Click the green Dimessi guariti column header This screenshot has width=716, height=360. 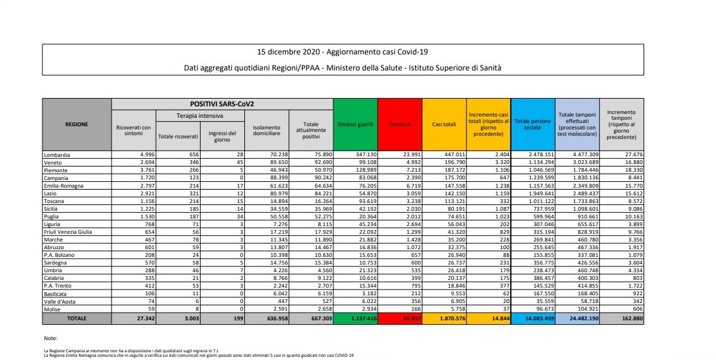pyautogui.click(x=355, y=124)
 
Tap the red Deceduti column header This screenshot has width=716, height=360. pyautogui.click(x=400, y=124)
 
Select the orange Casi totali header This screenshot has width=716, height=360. pyautogui.click(x=444, y=124)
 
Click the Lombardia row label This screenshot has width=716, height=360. pyautogui.click(x=57, y=155)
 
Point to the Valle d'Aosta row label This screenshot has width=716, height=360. pyautogui.click(x=62, y=300)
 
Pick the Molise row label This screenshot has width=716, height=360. pyautogui.click(x=53, y=308)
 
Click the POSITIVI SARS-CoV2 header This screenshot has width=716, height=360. pyautogui.click(x=222, y=104)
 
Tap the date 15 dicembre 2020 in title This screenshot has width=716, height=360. pyautogui.click(x=287, y=51)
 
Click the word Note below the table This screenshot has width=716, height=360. pyautogui.click(x=50, y=337)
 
